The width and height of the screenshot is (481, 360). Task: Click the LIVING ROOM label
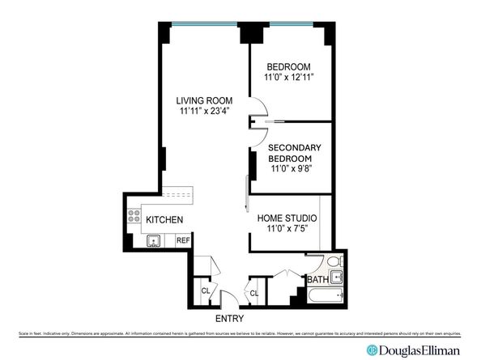pos(204,100)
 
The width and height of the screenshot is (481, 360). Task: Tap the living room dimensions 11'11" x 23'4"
pos(204,112)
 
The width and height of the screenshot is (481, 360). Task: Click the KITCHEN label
pos(164,220)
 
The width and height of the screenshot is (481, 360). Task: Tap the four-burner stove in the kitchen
pos(134,216)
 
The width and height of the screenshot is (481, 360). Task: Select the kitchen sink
pos(152,240)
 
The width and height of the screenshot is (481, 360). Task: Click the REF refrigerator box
pos(183,240)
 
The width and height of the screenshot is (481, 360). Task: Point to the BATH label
pos(317,280)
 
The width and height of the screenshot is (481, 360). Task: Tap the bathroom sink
pos(338,282)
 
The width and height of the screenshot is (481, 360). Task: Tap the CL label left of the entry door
pos(206,291)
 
